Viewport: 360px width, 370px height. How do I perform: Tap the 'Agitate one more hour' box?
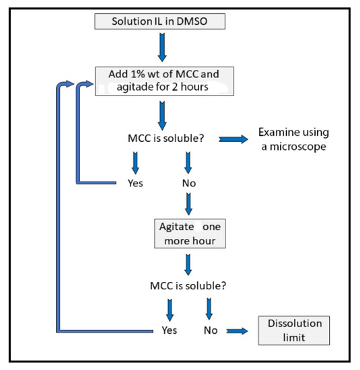(x=188, y=232)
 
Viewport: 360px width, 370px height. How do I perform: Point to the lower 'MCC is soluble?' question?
(x=188, y=285)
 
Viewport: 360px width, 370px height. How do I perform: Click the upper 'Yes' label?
(x=135, y=182)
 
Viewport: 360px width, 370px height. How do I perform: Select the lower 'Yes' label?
(x=169, y=330)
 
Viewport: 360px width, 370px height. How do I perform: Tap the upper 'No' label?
(x=188, y=182)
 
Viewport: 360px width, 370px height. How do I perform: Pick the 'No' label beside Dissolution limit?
(x=210, y=330)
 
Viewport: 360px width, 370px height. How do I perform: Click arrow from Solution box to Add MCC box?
(x=161, y=47)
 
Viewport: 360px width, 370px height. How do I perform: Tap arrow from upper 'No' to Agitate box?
(x=188, y=202)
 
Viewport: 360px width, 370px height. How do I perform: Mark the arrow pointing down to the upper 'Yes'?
(x=135, y=161)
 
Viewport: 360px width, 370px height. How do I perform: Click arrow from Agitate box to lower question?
(x=188, y=262)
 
